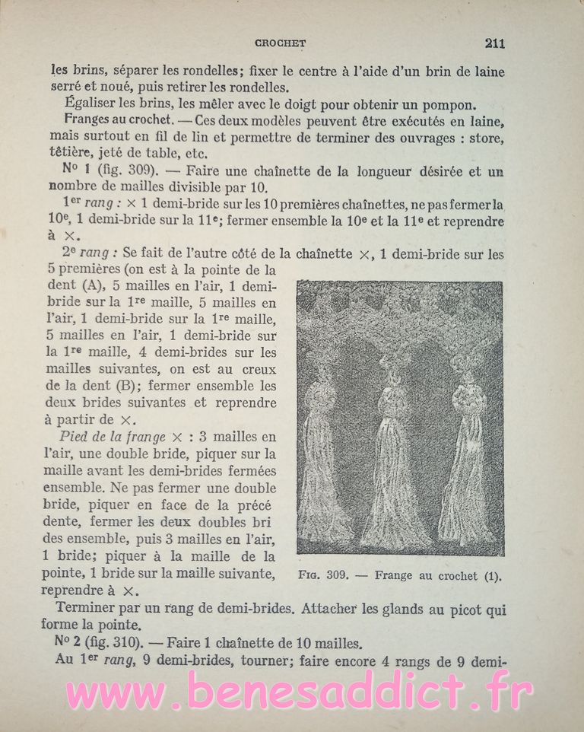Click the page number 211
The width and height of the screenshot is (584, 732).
tap(494, 43)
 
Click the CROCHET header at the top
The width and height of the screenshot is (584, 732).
tap(281, 44)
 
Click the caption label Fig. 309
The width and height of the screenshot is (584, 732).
tap(322, 576)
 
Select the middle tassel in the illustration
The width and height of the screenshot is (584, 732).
tap(392, 457)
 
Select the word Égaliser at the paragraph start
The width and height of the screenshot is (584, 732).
tap(93, 104)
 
